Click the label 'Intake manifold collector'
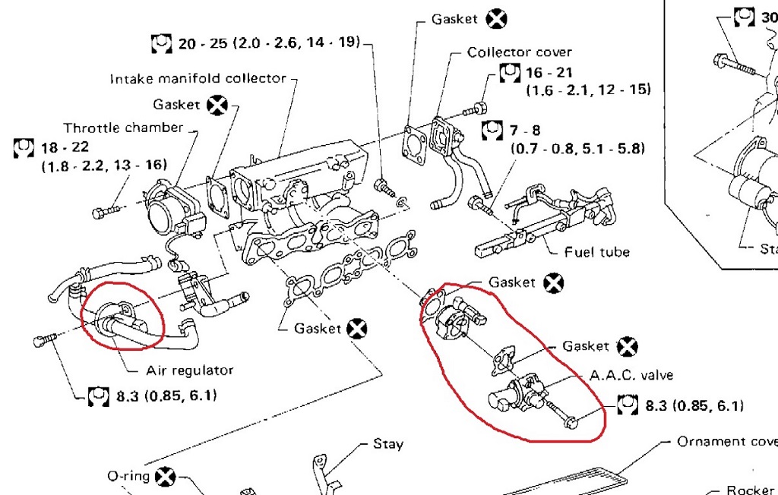coord(198,78)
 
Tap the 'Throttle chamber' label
coord(123,128)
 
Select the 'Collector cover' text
coord(520,52)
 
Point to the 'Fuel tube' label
coord(596,251)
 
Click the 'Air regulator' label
coord(189,370)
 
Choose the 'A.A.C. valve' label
coord(631,375)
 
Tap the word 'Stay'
coord(387,444)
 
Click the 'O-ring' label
coord(128,476)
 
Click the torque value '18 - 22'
coord(59,147)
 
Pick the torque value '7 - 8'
coord(525,130)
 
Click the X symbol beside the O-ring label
coord(164,478)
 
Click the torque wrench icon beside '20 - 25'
coord(160,43)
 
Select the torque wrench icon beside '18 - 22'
coord(24,147)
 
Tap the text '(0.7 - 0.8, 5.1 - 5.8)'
coord(577,149)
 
